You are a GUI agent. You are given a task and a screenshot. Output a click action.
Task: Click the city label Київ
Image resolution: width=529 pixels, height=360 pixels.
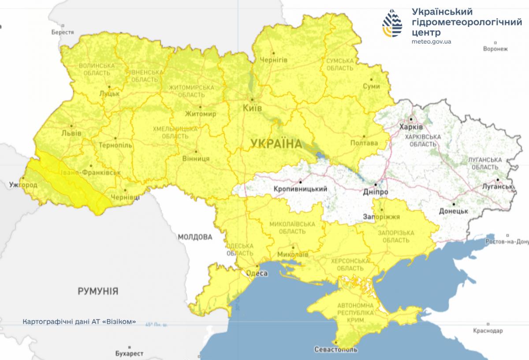(x=253, y=109)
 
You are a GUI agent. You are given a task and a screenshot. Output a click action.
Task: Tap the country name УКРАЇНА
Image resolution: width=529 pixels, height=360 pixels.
(x=276, y=143)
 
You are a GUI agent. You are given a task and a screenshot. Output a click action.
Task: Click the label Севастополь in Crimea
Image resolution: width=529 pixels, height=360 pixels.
(x=336, y=350)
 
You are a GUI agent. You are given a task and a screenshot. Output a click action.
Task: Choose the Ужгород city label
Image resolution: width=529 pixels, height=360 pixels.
(x=23, y=184)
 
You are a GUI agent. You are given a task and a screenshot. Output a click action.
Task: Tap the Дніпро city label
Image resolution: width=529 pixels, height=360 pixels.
(x=376, y=193)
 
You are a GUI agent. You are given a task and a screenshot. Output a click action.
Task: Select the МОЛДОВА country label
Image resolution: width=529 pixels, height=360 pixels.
(x=195, y=237)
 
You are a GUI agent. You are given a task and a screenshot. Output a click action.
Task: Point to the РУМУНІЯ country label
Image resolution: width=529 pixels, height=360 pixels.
(x=98, y=291)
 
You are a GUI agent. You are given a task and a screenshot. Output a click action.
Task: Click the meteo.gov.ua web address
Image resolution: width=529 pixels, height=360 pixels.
(x=431, y=41)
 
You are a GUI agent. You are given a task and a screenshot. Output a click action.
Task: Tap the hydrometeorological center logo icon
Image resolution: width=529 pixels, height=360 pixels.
(x=392, y=24)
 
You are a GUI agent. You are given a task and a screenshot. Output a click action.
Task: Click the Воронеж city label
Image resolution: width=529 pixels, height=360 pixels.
(x=495, y=49)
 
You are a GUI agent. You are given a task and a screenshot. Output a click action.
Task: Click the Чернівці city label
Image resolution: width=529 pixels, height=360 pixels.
(x=126, y=197)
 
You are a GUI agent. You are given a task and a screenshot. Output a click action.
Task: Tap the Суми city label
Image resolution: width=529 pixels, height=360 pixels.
(x=371, y=86)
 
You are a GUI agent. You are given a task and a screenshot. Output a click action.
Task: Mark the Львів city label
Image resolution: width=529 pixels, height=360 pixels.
(x=71, y=133)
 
